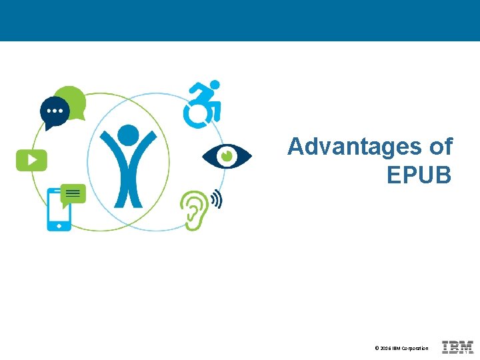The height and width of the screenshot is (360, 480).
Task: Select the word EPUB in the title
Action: pyautogui.click(x=419, y=175)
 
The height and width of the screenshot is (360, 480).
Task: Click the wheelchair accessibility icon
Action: pyautogui.click(x=202, y=104)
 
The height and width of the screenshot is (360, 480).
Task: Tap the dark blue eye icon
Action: pyautogui.click(x=227, y=156)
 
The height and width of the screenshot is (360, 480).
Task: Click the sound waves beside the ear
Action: pyautogui.click(x=216, y=199)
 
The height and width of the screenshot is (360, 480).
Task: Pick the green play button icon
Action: pyautogui.click(x=31, y=159)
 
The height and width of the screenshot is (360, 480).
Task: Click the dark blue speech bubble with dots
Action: pyautogui.click(x=54, y=112)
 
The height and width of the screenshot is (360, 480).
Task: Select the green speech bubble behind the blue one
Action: pyautogui.click(x=72, y=99)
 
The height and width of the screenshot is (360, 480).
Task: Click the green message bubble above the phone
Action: pyautogui.click(x=73, y=193)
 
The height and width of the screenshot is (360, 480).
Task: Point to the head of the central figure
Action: pyautogui.click(x=128, y=135)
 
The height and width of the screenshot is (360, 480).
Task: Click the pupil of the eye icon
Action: pyautogui.click(x=227, y=156)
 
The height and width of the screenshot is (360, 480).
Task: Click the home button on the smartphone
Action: pyautogui.click(x=59, y=225)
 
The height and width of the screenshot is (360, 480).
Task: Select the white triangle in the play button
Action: pyautogui.click(x=32, y=159)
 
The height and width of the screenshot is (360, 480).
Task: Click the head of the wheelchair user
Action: pyautogui.click(x=215, y=85)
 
